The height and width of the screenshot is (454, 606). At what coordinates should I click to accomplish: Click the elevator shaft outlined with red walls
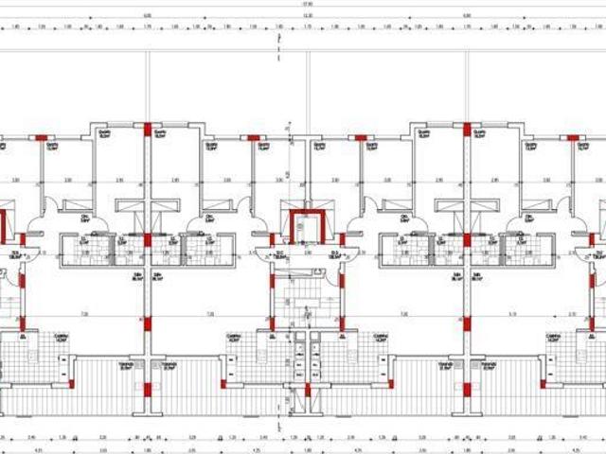pyautogui.click(x=306, y=228)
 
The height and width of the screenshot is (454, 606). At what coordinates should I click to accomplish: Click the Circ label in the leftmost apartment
pyautogui.click(x=84, y=218)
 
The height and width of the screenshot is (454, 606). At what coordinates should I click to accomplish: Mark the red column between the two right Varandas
pyautogui.click(x=465, y=389)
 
